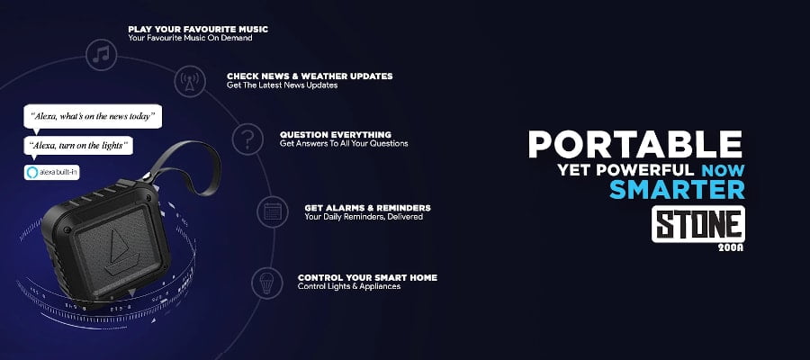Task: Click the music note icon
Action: coord(101,55)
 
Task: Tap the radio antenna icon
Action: coord(190,82)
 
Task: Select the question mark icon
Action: coord(247,139)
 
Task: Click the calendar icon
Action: coord(272,211)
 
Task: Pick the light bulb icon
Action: coord(267,283)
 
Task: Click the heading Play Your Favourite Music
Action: coord(198,30)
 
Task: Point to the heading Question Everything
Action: coord(336,135)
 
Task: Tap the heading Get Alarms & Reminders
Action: coord(367,208)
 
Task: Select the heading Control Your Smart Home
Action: coord(367,277)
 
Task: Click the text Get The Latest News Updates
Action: coord(282,85)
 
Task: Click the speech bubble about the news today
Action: coord(93,117)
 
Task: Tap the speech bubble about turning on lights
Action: coord(78,145)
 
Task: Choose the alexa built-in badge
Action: coord(51,173)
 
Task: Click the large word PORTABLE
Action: coord(634,145)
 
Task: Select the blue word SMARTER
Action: coord(677,190)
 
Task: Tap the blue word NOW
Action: coord(723,170)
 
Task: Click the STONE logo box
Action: coord(697,224)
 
